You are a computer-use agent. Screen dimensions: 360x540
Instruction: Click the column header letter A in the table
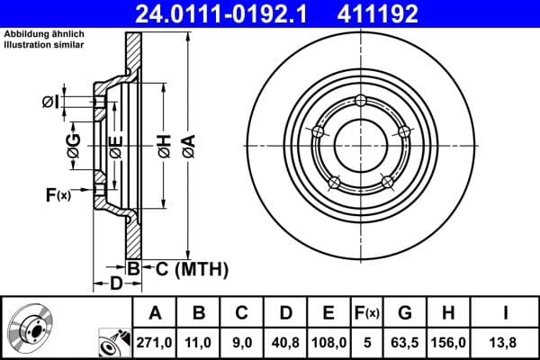[155, 313]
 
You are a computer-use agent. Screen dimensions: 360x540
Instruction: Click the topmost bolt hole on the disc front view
[360, 100]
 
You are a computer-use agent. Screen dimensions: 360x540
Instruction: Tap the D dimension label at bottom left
[115, 283]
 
